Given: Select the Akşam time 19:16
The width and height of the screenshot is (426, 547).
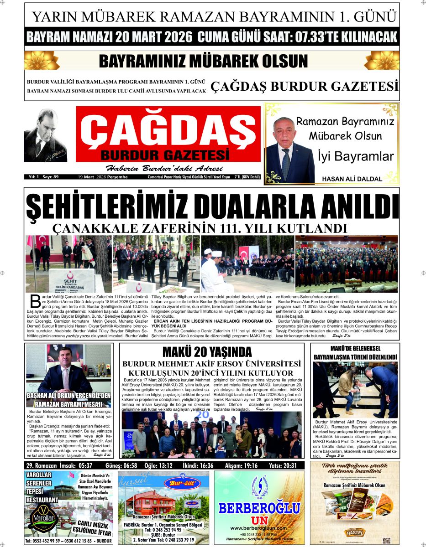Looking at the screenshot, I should [x=248, y=465].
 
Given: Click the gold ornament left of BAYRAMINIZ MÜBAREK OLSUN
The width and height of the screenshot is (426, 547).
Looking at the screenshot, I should [x=42, y=61].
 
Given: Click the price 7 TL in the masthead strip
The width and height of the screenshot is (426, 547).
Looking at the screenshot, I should [x=238, y=176].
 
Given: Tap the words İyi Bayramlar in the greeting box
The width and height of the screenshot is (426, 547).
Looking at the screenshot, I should [x=355, y=156].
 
